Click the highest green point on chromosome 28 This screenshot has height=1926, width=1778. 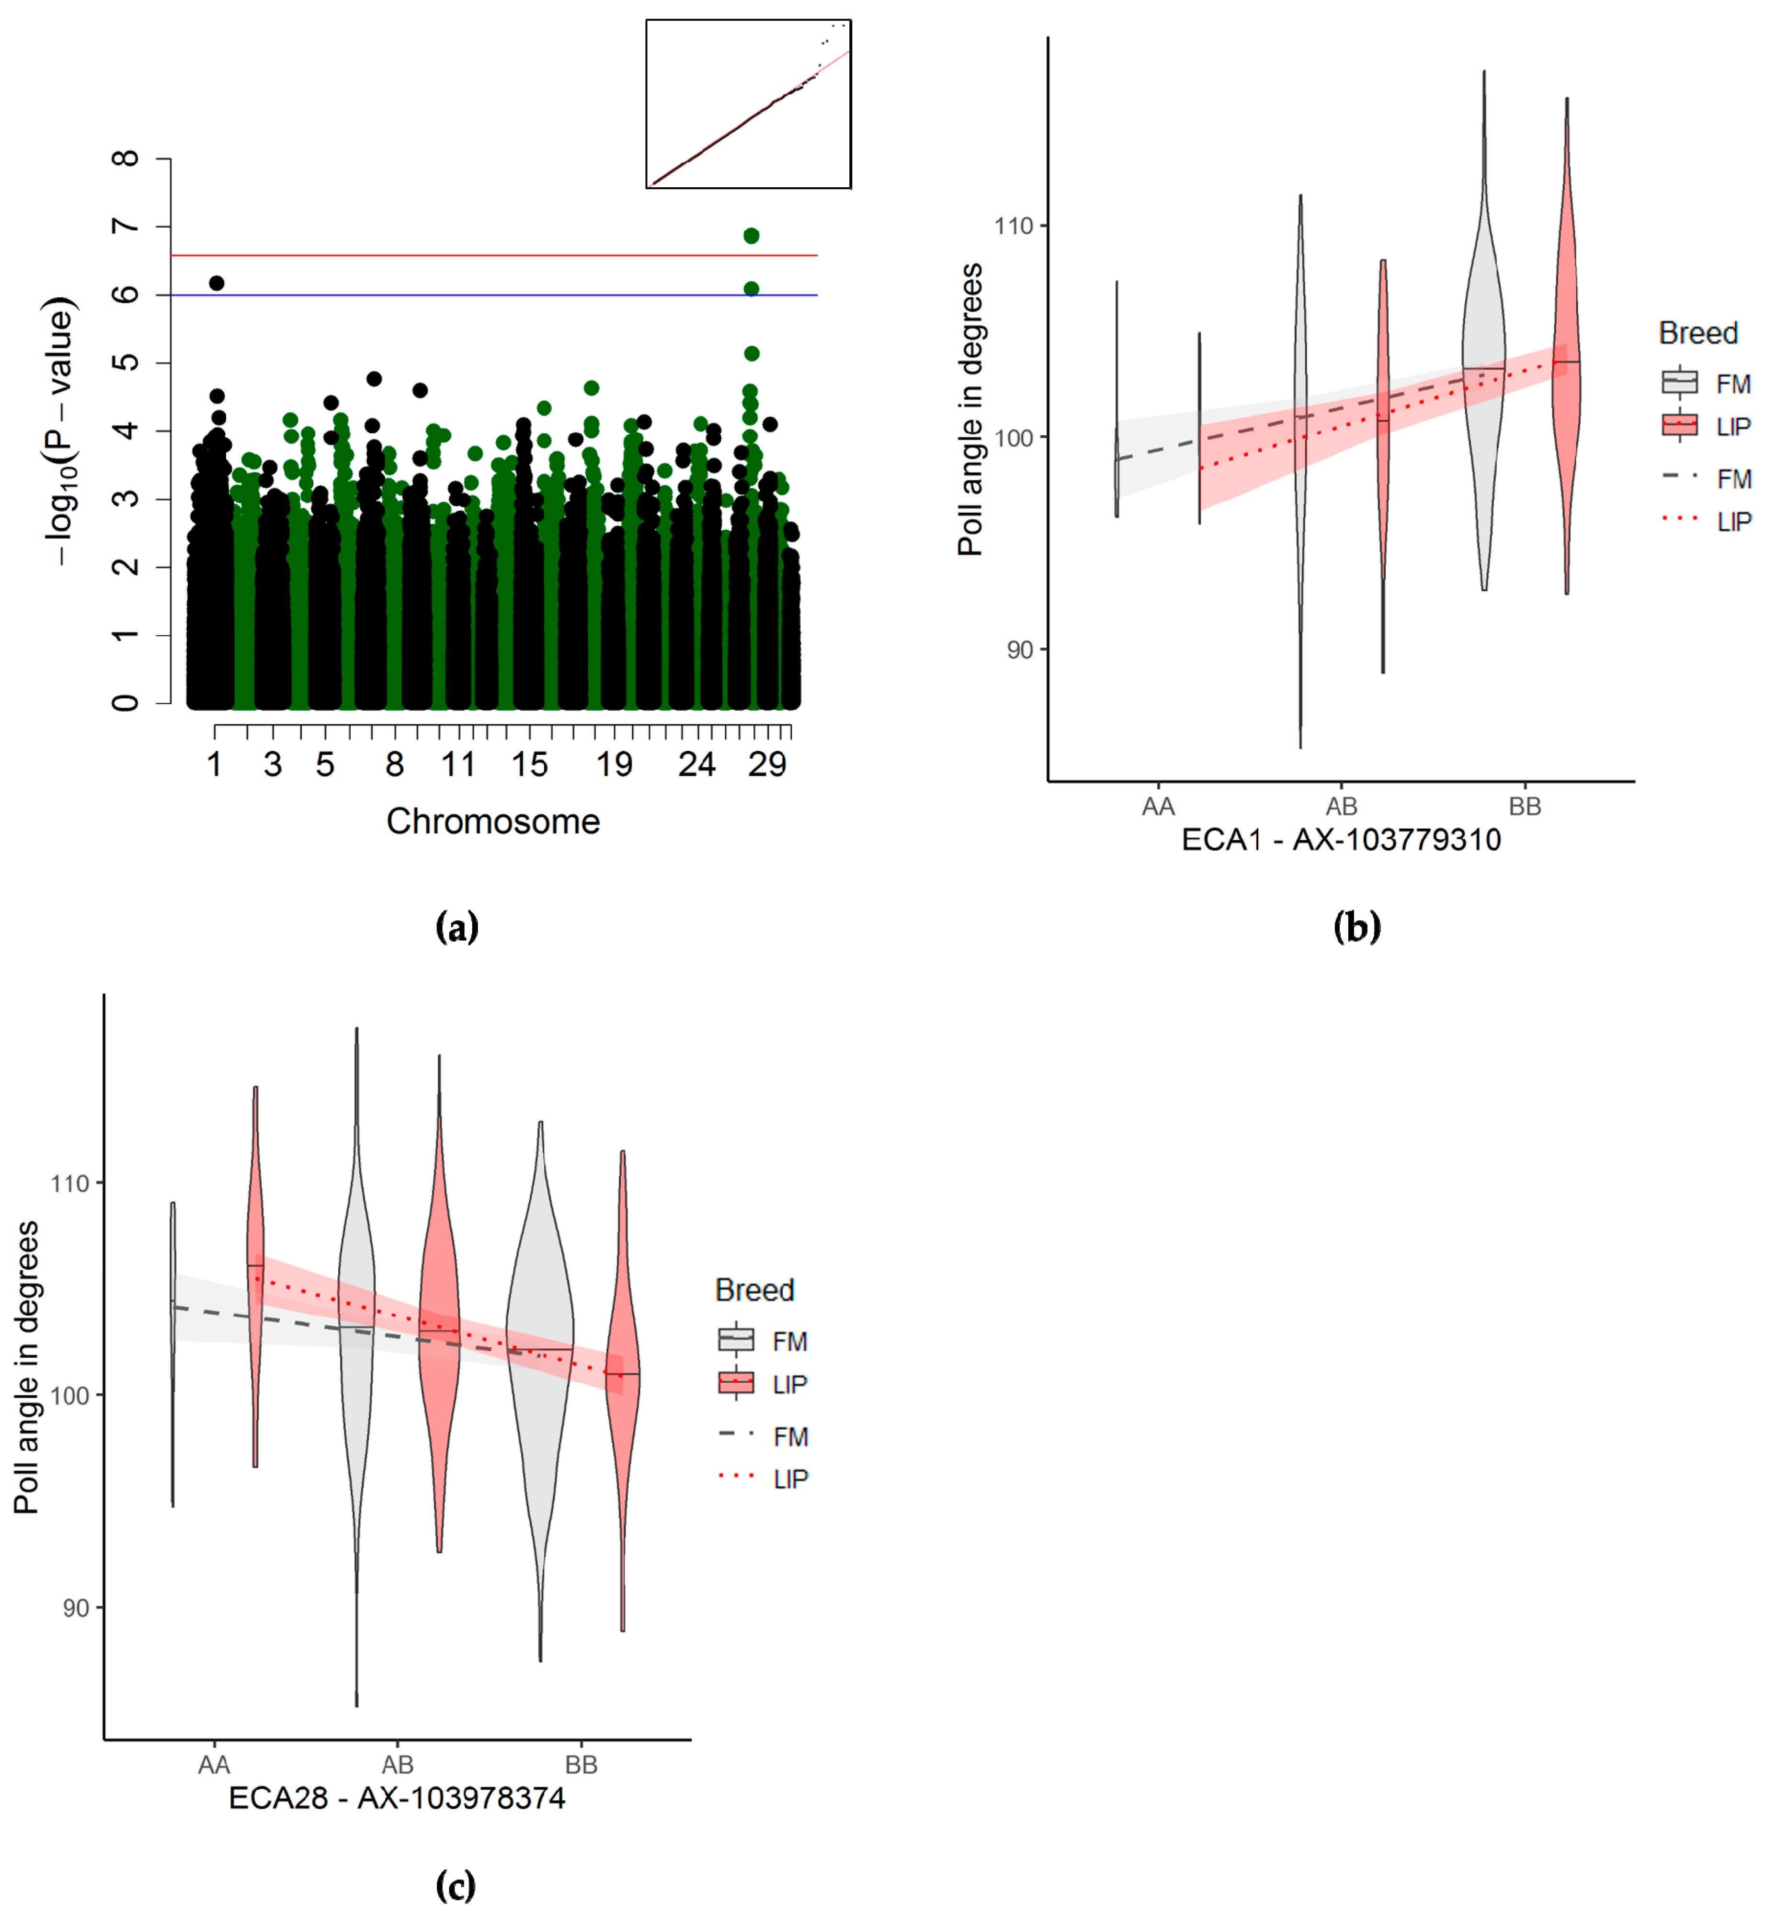click(x=752, y=236)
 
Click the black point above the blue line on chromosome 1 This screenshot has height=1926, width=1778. click(x=217, y=283)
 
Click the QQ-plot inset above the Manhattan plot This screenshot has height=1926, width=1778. click(x=749, y=104)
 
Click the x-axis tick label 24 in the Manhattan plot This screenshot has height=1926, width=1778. click(x=696, y=765)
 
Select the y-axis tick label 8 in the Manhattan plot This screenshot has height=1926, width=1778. click(x=125, y=158)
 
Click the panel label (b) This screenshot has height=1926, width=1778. click(x=1356, y=927)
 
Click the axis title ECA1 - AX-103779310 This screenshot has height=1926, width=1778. click(x=1341, y=840)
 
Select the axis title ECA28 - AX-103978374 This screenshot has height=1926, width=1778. click(x=397, y=1798)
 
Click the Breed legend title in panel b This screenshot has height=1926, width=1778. click(x=1698, y=333)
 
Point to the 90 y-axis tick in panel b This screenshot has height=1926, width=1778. click(x=1020, y=650)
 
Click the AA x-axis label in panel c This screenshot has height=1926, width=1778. click(x=214, y=1765)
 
